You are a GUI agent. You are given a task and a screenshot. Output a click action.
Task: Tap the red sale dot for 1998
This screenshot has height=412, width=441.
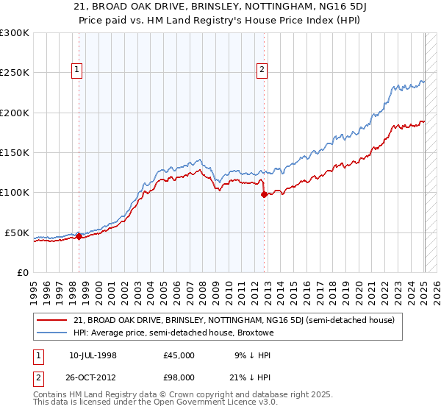click(x=79, y=236)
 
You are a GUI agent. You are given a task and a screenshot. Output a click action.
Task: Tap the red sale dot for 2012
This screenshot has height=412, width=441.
click(x=264, y=194)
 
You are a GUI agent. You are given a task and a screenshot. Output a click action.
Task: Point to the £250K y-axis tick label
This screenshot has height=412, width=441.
click(x=15, y=73)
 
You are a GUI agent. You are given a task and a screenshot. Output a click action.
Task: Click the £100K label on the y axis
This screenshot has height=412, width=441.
click(x=15, y=192)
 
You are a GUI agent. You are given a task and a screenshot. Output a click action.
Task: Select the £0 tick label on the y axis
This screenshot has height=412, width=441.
click(x=23, y=272)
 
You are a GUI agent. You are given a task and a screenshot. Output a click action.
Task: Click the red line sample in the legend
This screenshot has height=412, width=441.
click(x=52, y=320)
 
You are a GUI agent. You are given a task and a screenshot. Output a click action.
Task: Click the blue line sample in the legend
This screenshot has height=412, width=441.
click(x=52, y=333)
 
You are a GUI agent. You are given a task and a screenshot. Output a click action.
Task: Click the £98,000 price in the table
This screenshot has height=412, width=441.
click(x=179, y=377)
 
